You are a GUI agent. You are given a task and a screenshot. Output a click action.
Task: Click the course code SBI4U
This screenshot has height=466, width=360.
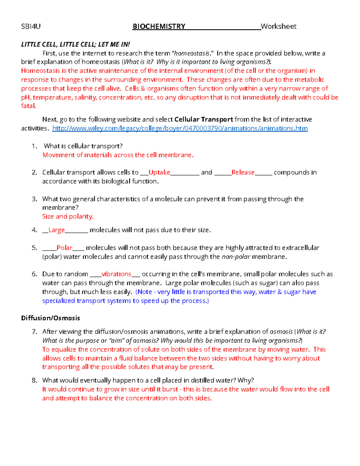pyautogui.click(x=31, y=26)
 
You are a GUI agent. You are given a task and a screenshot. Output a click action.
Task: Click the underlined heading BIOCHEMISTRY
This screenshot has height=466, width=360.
pyautogui.click(x=159, y=26)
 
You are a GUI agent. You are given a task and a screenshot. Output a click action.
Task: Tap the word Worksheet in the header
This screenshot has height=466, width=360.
pyautogui.click(x=279, y=26)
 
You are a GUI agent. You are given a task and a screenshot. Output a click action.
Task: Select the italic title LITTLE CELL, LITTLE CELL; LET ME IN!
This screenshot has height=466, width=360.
pyautogui.click(x=75, y=44)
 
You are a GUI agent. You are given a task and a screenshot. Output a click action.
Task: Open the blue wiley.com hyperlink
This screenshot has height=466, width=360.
pyautogui.click(x=180, y=128)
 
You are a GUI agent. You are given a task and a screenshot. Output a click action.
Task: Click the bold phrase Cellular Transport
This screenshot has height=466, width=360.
pyautogui.click(x=204, y=119)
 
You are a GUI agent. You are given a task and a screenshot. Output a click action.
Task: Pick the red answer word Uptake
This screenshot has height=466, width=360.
pyautogui.click(x=159, y=172)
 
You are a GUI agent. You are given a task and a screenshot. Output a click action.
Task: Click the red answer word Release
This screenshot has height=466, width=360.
pyautogui.click(x=243, y=172)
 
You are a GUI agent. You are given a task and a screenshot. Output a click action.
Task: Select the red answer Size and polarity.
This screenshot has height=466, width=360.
pyautogui.click(x=68, y=216)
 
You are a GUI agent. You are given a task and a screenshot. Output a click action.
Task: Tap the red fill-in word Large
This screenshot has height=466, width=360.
pyautogui.click(x=56, y=230)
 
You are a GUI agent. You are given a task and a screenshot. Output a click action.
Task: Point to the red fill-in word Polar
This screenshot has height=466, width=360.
pyautogui.click(x=64, y=248)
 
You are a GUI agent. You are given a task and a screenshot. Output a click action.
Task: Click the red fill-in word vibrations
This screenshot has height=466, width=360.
pyautogui.click(x=116, y=274)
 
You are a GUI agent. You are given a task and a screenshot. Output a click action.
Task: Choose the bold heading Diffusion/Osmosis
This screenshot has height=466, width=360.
pyautogui.click(x=50, y=318)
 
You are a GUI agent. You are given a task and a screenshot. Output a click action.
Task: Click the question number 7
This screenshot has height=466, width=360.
pyautogui.click(x=34, y=332)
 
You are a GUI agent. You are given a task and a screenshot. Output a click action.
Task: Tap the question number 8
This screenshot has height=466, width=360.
pyautogui.click(x=34, y=380)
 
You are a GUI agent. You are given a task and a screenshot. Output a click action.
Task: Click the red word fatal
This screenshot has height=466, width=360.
pyautogui.click(x=28, y=106)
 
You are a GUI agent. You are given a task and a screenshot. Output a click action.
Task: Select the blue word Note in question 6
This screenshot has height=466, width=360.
pyautogui.click(x=145, y=292)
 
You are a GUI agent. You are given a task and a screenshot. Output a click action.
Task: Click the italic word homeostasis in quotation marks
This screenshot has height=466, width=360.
pyautogui.click(x=192, y=53)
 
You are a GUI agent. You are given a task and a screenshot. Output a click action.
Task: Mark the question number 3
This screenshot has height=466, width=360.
pyautogui.click(x=34, y=199)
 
